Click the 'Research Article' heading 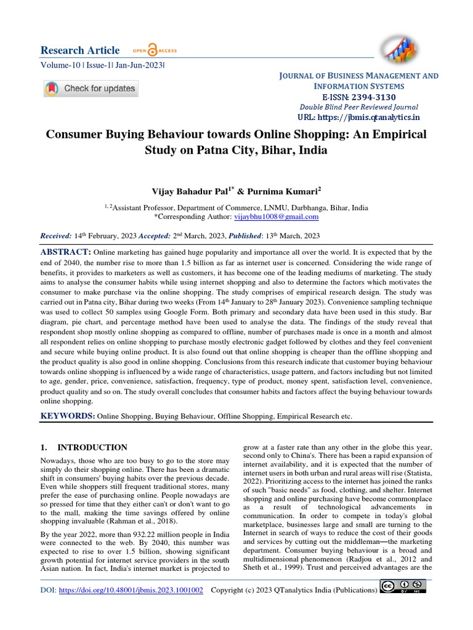[x=80, y=50]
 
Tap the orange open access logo [x=152, y=50]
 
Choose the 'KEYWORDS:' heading [x=68, y=417]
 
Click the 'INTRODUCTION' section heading [x=92, y=448]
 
